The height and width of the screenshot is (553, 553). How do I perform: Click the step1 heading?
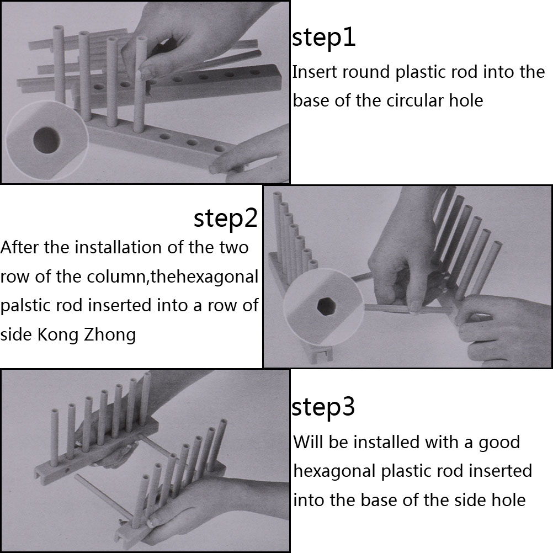(323, 38)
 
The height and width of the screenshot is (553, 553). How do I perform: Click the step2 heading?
(226, 219)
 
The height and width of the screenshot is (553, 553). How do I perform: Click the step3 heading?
(323, 407)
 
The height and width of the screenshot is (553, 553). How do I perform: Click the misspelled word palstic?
(22, 306)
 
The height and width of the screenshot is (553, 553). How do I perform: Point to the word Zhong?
(110, 335)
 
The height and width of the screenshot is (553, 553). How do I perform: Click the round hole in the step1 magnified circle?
(46, 140)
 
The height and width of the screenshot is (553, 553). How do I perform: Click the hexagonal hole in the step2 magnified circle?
(326, 306)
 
